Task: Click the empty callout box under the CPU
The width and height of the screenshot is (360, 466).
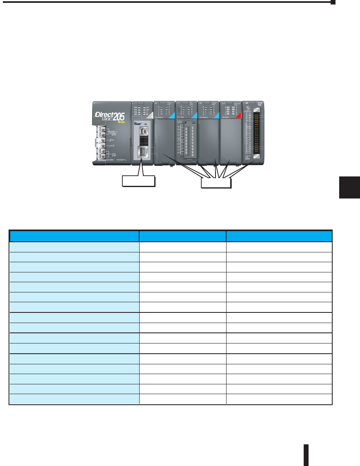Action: pos(139,181)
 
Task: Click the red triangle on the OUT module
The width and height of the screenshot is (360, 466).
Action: pos(238,117)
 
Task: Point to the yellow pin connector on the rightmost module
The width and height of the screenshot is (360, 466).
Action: pos(257,133)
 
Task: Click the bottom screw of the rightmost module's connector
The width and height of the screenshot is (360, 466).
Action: pos(257,156)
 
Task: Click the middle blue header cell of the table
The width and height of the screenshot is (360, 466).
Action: pos(182,236)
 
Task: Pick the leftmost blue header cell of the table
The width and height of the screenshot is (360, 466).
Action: pos(74,236)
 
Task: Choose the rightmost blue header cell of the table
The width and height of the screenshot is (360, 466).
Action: pos(279,236)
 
